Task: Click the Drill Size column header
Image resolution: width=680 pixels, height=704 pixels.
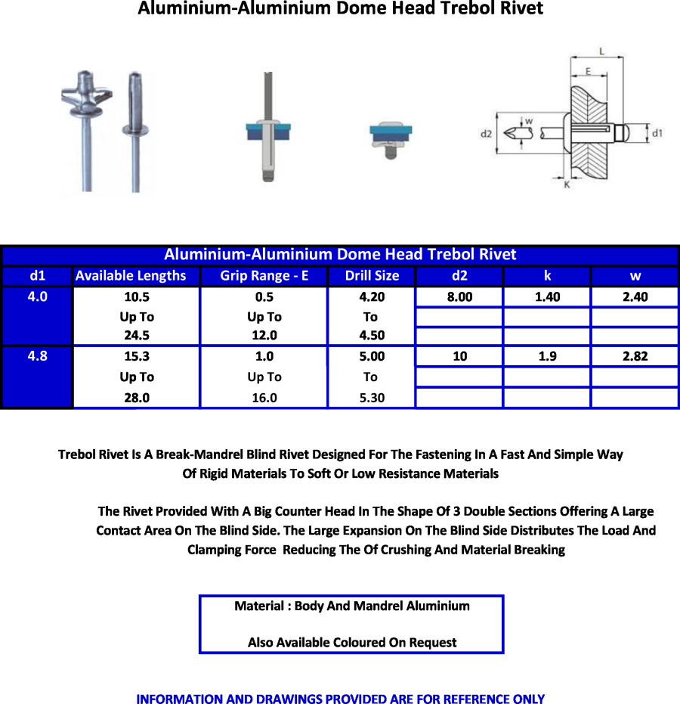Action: click(x=372, y=276)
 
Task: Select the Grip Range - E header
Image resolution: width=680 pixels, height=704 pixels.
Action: click(x=264, y=276)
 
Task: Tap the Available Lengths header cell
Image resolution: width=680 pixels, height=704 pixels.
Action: click(x=131, y=276)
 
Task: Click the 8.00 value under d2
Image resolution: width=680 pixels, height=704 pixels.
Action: click(x=459, y=296)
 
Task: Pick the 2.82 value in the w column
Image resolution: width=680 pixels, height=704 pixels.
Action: click(x=635, y=356)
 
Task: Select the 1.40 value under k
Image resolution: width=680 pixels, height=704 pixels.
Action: click(x=547, y=296)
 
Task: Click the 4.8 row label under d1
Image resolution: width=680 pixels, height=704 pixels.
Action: click(x=37, y=356)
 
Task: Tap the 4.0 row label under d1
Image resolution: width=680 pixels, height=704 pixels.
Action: click(x=37, y=296)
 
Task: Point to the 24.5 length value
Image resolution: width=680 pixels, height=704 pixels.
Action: click(x=137, y=336)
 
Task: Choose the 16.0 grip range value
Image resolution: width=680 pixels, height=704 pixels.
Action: click(x=264, y=398)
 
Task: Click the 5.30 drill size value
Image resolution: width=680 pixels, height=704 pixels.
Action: click(x=372, y=398)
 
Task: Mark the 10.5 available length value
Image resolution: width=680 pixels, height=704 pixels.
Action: click(x=137, y=296)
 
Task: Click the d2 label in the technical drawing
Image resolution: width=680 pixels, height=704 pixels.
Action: click(x=487, y=134)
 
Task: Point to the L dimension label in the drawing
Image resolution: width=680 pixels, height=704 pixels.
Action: click(x=602, y=51)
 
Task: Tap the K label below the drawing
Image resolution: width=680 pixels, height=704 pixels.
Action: click(x=567, y=185)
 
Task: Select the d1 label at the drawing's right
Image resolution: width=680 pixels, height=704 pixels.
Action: click(x=657, y=133)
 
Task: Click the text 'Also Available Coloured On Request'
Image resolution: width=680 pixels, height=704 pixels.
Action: click(x=352, y=643)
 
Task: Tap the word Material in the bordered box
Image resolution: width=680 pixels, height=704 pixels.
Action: click(x=259, y=606)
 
